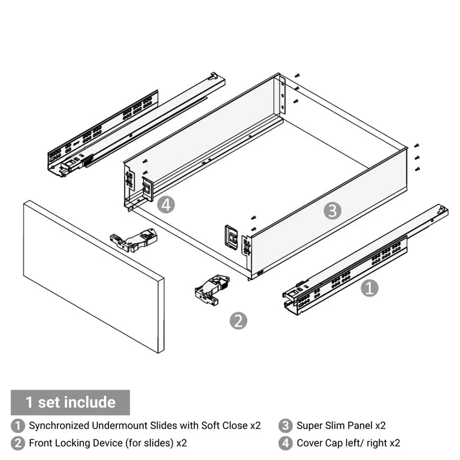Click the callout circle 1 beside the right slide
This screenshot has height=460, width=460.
click(369, 288)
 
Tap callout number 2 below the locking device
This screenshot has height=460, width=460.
click(239, 321)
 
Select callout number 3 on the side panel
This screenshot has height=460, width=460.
click(332, 210)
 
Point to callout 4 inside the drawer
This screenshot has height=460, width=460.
click(166, 205)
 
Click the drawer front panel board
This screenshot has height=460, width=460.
click(94, 275)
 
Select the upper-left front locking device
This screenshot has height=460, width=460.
click(134, 241)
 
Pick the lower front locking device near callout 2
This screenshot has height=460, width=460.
click(212, 289)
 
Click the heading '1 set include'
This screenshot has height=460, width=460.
click(70, 403)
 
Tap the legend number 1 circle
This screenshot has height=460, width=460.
click(19, 426)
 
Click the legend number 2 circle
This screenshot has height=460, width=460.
click(19, 443)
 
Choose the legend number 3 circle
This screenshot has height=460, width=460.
click(286, 426)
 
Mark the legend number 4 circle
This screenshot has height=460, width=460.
click(286, 443)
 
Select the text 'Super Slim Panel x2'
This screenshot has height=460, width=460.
click(341, 426)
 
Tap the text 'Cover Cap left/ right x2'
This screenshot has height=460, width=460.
click(348, 443)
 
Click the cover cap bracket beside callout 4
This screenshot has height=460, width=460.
click(147, 188)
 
